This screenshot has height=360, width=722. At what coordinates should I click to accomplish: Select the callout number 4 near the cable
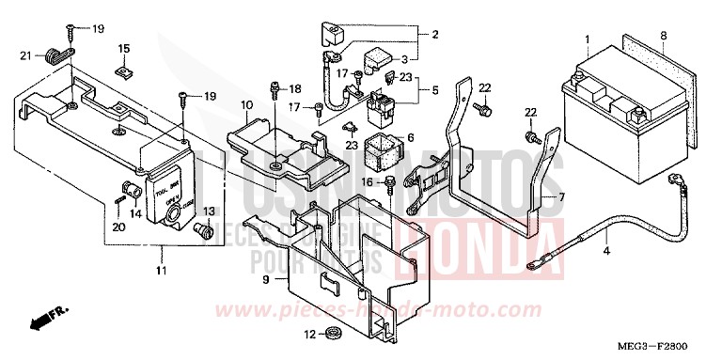pyautogui.click(x=580, y=252)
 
